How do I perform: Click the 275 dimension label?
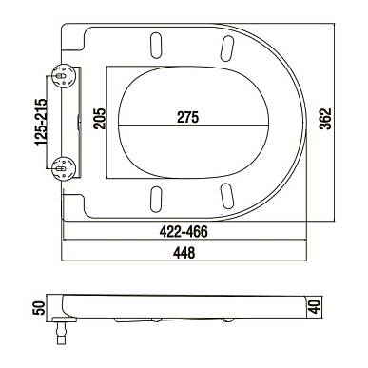(187, 117)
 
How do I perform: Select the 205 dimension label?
(100, 119)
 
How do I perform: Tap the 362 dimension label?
(325, 119)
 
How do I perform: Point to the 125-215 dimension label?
(41, 123)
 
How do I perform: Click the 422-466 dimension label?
(184, 232)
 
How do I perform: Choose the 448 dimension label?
(184, 253)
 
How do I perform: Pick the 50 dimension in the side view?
(38, 308)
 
